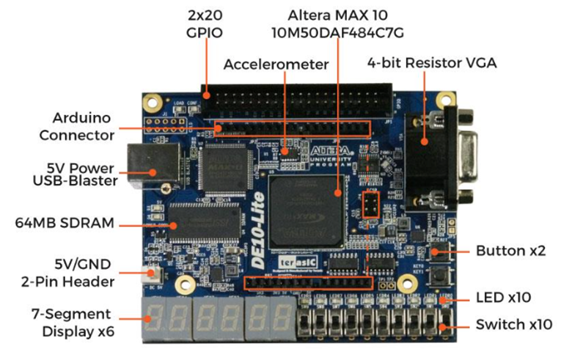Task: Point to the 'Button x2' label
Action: [510, 250]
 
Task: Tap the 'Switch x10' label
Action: [513, 323]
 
